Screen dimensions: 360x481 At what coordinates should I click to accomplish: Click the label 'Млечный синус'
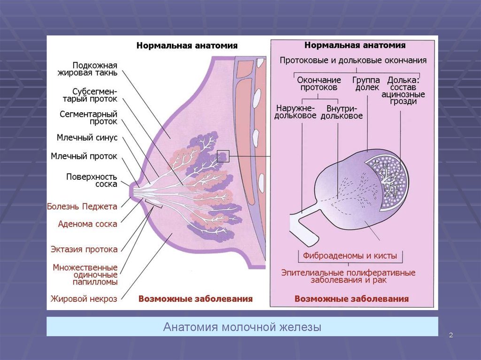click(87, 138)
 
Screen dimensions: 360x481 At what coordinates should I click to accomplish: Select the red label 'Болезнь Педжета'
click(82, 206)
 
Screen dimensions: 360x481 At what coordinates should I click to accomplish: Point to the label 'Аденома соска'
click(87, 224)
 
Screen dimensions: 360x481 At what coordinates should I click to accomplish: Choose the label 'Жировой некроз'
click(84, 299)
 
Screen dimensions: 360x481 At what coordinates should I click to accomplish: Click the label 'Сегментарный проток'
click(88, 118)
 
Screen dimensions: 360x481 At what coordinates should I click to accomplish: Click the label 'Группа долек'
click(366, 84)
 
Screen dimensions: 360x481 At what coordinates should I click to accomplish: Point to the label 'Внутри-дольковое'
click(341, 112)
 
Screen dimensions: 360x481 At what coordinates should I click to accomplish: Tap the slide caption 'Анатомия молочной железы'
click(242, 327)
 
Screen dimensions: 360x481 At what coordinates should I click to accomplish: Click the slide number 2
click(450, 335)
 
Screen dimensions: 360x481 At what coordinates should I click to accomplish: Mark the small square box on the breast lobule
click(223, 156)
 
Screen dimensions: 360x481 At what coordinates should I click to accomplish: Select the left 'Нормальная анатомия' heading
click(187, 46)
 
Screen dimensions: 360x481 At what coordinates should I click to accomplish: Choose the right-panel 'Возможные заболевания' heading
click(351, 299)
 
